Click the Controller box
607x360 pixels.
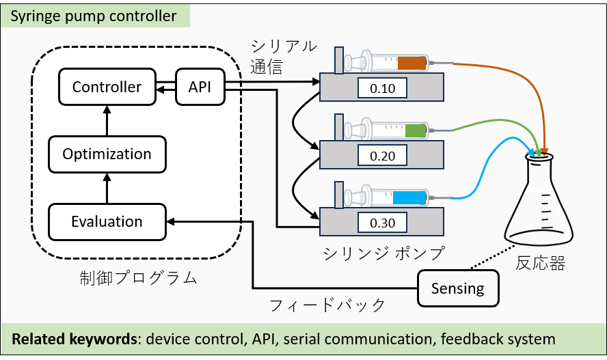pyautogui.click(x=107, y=87)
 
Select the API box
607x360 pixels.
pyautogui.click(x=199, y=87)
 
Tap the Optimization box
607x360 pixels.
pyautogui.click(x=107, y=154)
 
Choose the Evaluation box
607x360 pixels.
pyautogui.click(x=107, y=221)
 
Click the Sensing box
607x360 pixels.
pyautogui.click(x=457, y=288)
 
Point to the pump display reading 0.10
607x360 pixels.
pyautogui.click(x=382, y=88)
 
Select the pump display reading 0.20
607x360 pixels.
pyautogui.click(x=382, y=155)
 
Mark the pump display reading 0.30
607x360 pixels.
pyautogui.click(x=382, y=222)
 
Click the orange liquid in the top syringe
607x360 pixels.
pyautogui.click(x=412, y=63)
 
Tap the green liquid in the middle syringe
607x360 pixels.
pyautogui.click(x=415, y=130)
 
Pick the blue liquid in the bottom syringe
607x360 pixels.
pyautogui.click(x=409, y=197)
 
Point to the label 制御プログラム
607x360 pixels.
pyautogui.click(x=138, y=277)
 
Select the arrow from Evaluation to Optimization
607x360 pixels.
pyautogui.click(x=107, y=187)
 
